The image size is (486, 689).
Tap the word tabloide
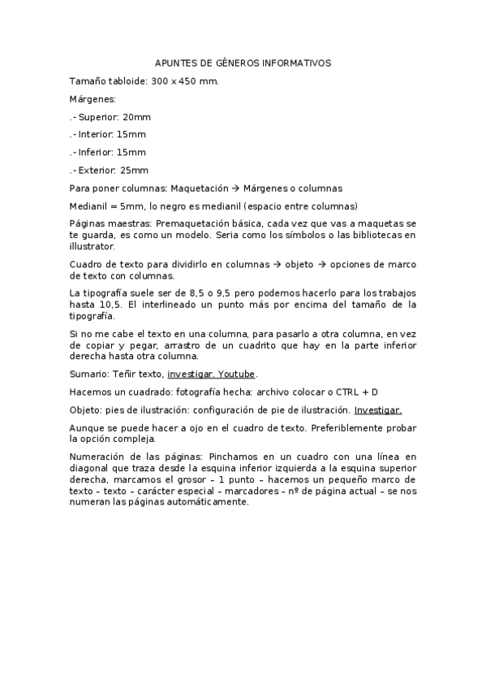point(128,81)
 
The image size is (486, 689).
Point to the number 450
point(189,81)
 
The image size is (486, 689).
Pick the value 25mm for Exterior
point(135,170)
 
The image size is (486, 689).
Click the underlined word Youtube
point(236,375)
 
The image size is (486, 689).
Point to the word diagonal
point(88,469)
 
